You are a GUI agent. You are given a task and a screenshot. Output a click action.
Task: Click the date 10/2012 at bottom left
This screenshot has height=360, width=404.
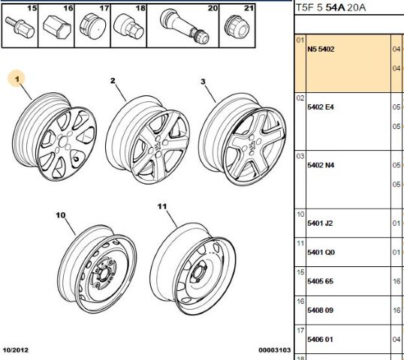click(x=16, y=350)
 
